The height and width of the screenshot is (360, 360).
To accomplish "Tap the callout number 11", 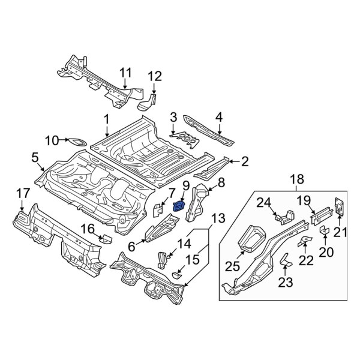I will [124, 73].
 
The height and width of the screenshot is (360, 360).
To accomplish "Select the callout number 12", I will [155, 76].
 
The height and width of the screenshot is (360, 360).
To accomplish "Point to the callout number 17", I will [22, 193].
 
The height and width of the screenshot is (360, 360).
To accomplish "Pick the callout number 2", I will [245, 160].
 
